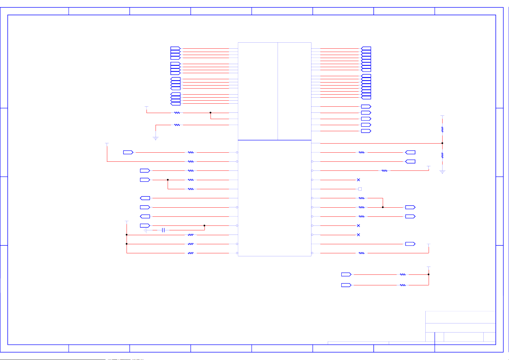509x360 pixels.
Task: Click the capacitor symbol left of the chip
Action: click(x=163, y=230)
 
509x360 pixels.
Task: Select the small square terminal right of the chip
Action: click(x=360, y=189)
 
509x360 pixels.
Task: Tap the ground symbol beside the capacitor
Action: click(x=145, y=230)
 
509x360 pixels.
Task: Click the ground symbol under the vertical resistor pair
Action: click(x=442, y=172)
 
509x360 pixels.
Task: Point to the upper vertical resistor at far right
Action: click(x=442, y=129)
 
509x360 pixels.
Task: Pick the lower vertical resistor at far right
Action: click(x=442, y=155)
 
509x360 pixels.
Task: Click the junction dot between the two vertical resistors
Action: click(x=442, y=143)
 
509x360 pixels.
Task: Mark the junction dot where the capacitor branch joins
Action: click(x=205, y=225)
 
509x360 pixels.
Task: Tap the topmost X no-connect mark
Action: click(x=358, y=180)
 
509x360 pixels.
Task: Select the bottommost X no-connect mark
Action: click(x=358, y=235)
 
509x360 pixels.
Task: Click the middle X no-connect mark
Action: click(x=358, y=225)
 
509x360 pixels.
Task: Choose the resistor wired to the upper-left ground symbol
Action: click(x=177, y=125)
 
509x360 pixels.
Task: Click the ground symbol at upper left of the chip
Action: click(x=156, y=138)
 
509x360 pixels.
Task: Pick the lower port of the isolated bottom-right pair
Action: click(x=346, y=285)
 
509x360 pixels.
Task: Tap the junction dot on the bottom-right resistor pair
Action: click(x=429, y=274)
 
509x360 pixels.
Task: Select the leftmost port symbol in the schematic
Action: click(x=128, y=152)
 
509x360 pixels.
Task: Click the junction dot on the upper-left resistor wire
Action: click(x=211, y=113)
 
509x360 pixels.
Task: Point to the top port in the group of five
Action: click(x=366, y=107)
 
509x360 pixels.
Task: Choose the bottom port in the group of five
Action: click(x=366, y=131)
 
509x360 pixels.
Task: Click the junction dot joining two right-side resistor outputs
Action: click(x=383, y=207)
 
